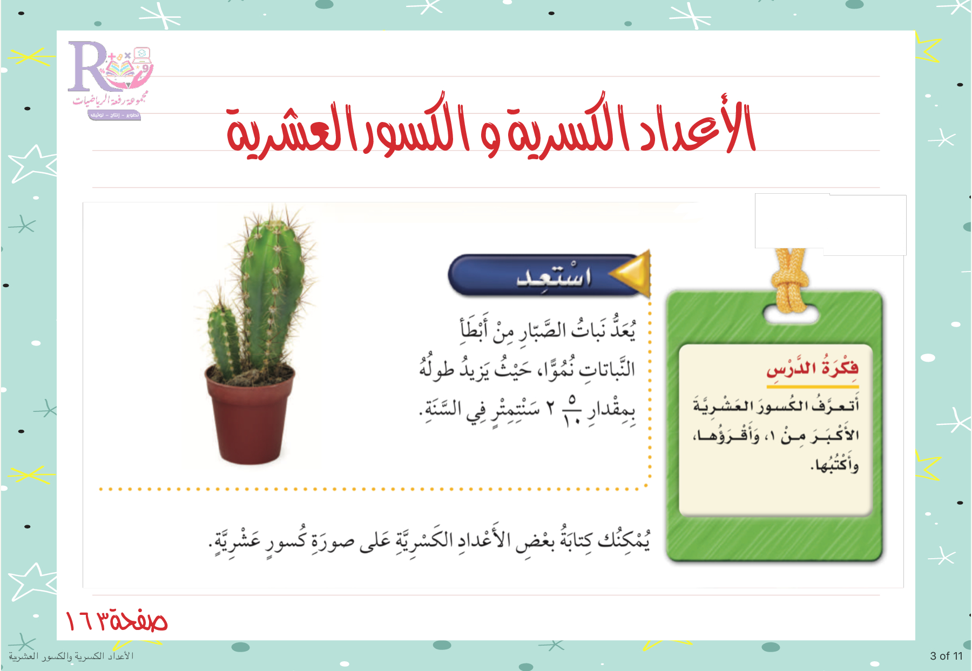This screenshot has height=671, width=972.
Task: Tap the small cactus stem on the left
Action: (223, 337)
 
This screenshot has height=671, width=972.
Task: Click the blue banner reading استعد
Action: (548, 275)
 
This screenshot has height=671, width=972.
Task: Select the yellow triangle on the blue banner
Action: (631, 274)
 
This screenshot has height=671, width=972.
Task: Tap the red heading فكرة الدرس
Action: (813, 368)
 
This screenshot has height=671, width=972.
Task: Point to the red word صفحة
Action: (138, 620)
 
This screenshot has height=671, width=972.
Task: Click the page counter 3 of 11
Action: (946, 656)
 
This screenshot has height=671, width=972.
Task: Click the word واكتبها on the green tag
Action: (835, 464)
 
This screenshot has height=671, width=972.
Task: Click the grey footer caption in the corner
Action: (71, 656)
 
